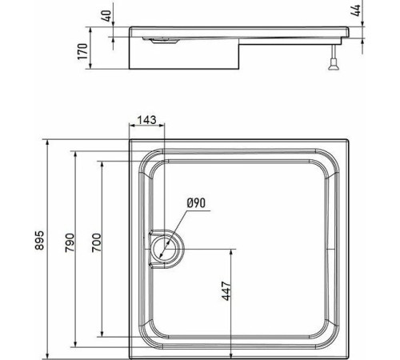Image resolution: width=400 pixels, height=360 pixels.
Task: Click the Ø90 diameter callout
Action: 197,203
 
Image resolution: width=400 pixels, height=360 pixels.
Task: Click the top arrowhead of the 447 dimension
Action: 232,249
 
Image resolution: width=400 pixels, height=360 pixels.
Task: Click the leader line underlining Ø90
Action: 196,210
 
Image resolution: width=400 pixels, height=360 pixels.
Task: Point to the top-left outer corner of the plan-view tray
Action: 130,144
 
